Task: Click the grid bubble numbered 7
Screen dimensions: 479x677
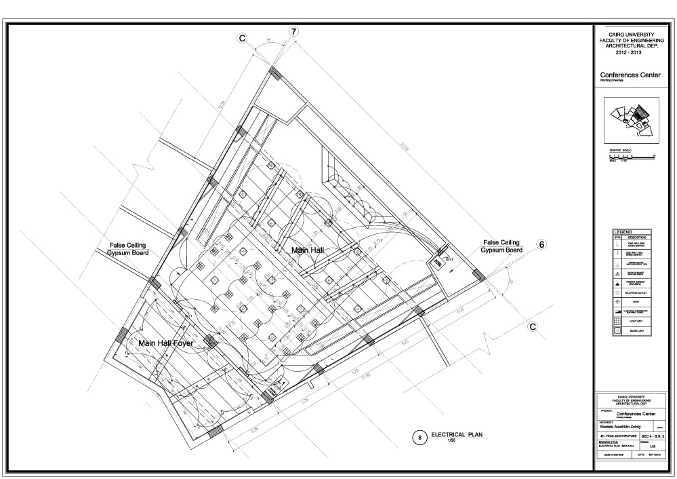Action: click(x=293, y=32)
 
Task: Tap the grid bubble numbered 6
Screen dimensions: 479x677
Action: click(x=541, y=245)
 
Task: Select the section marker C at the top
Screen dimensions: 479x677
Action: click(x=241, y=39)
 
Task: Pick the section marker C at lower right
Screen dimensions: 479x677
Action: click(x=533, y=326)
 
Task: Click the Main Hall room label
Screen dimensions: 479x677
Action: click(x=308, y=250)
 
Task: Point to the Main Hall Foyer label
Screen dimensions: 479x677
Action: click(x=166, y=343)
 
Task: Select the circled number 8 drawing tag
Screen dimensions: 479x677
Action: click(x=420, y=438)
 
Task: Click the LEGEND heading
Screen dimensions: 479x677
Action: click(x=622, y=232)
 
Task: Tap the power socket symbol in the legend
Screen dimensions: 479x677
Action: click(x=617, y=279)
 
